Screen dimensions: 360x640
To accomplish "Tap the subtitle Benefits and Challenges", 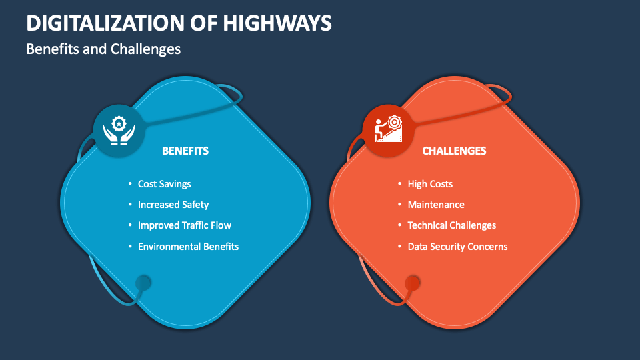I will [103, 49].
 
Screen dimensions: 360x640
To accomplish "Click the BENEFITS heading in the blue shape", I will [185, 151].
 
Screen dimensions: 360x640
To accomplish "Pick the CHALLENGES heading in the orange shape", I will [454, 151].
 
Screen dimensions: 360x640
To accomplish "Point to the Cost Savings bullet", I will [164, 184].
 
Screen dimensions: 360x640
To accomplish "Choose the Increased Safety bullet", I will [173, 205].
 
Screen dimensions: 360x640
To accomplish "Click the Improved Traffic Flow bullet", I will [184, 225].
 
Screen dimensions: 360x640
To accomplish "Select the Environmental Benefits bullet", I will [188, 247].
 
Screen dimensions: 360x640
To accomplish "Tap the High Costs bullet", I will [430, 184].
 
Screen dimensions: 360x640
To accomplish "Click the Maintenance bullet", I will [436, 205].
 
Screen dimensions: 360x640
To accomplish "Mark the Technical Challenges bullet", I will [451, 225].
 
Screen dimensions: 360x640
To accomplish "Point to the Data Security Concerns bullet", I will [457, 247].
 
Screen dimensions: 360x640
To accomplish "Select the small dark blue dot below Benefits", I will [143, 283].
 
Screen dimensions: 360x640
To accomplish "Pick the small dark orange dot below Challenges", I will [412, 283].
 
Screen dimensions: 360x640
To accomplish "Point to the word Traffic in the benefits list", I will [193, 225].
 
